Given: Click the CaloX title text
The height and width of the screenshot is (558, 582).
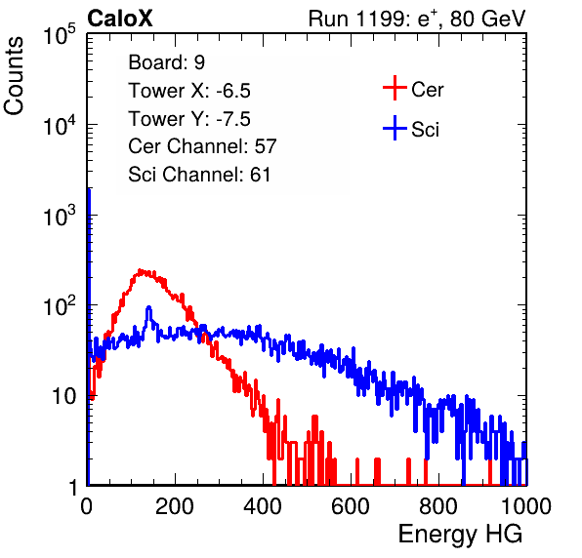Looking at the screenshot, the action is click(120, 19).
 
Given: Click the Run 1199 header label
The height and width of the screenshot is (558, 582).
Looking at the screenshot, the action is click(417, 19).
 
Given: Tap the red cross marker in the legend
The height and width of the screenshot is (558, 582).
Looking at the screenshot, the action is click(395, 88).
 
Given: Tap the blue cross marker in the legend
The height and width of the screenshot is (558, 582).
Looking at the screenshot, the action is click(395, 128).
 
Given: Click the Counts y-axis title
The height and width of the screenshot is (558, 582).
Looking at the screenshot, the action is click(14, 76).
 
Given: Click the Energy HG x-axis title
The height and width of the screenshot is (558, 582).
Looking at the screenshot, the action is click(460, 535).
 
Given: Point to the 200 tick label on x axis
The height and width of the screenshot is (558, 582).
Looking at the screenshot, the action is click(175, 506).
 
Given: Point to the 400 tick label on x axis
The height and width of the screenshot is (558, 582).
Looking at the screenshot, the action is click(263, 506).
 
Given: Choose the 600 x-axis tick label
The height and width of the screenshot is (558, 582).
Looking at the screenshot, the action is click(351, 506).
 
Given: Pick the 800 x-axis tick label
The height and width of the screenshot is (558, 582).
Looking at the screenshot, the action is click(438, 506).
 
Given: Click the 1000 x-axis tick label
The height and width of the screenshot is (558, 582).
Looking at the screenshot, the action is click(525, 506).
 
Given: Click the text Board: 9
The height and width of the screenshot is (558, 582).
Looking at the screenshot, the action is click(167, 62).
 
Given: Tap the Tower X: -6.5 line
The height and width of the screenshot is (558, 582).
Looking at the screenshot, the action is click(189, 91).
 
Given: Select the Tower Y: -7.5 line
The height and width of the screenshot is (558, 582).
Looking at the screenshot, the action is click(189, 119).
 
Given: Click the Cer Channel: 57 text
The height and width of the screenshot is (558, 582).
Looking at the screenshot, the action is click(202, 146).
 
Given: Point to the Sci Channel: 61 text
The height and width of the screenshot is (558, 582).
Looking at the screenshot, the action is click(199, 175).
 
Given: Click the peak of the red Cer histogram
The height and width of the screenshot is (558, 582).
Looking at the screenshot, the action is click(140, 270).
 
